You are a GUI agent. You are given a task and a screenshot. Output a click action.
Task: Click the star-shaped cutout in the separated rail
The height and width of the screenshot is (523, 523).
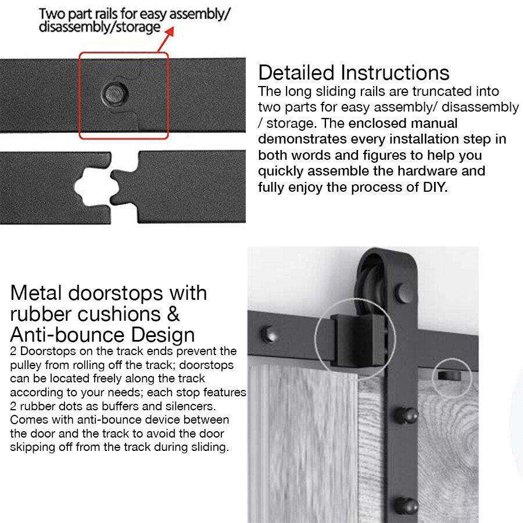pyautogui.click(x=85, y=187)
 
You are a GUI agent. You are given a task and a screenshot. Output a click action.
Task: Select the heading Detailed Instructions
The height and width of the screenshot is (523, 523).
pyautogui.click(x=353, y=73)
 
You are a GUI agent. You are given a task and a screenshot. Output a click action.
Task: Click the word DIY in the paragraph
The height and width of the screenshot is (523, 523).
pyautogui.click(x=434, y=188)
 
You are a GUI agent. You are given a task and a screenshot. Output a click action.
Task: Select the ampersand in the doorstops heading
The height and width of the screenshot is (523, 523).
pyautogui.click(x=173, y=314)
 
